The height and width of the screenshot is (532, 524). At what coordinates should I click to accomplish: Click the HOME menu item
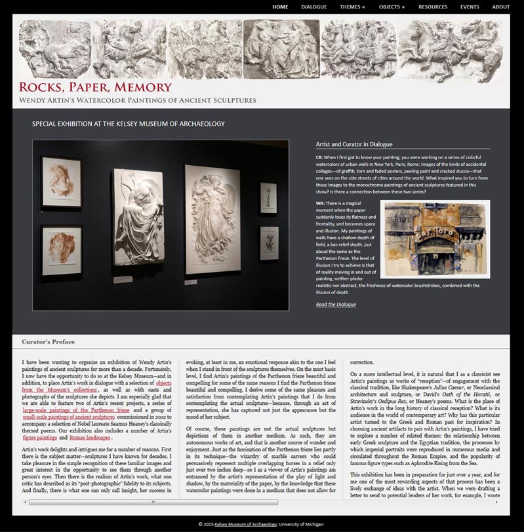pos(280,7)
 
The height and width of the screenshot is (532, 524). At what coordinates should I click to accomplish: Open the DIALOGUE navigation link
pos(313,7)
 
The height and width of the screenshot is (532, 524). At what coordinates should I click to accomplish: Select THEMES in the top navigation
pos(352,7)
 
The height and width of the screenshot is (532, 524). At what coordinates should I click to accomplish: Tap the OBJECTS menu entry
pos(392,7)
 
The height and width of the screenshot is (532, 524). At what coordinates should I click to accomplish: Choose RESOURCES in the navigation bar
pos(433,7)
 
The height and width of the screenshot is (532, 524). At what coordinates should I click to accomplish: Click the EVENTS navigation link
pos(470,7)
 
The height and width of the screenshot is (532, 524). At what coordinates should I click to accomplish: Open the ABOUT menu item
pos(500,7)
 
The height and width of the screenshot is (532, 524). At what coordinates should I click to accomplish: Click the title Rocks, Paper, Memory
pos(95,87)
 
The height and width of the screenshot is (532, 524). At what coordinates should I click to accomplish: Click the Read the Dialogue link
pos(336,304)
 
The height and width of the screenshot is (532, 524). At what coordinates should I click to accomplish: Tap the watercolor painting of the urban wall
pos(434,239)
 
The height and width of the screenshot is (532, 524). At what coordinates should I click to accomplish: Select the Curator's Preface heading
pos(48,342)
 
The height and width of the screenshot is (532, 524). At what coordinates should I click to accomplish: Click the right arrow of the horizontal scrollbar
pos(496,503)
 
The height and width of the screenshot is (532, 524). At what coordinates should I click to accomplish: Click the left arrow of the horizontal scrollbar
pos(26,503)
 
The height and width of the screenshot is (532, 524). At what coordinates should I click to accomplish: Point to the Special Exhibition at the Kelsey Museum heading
pos(129,124)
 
